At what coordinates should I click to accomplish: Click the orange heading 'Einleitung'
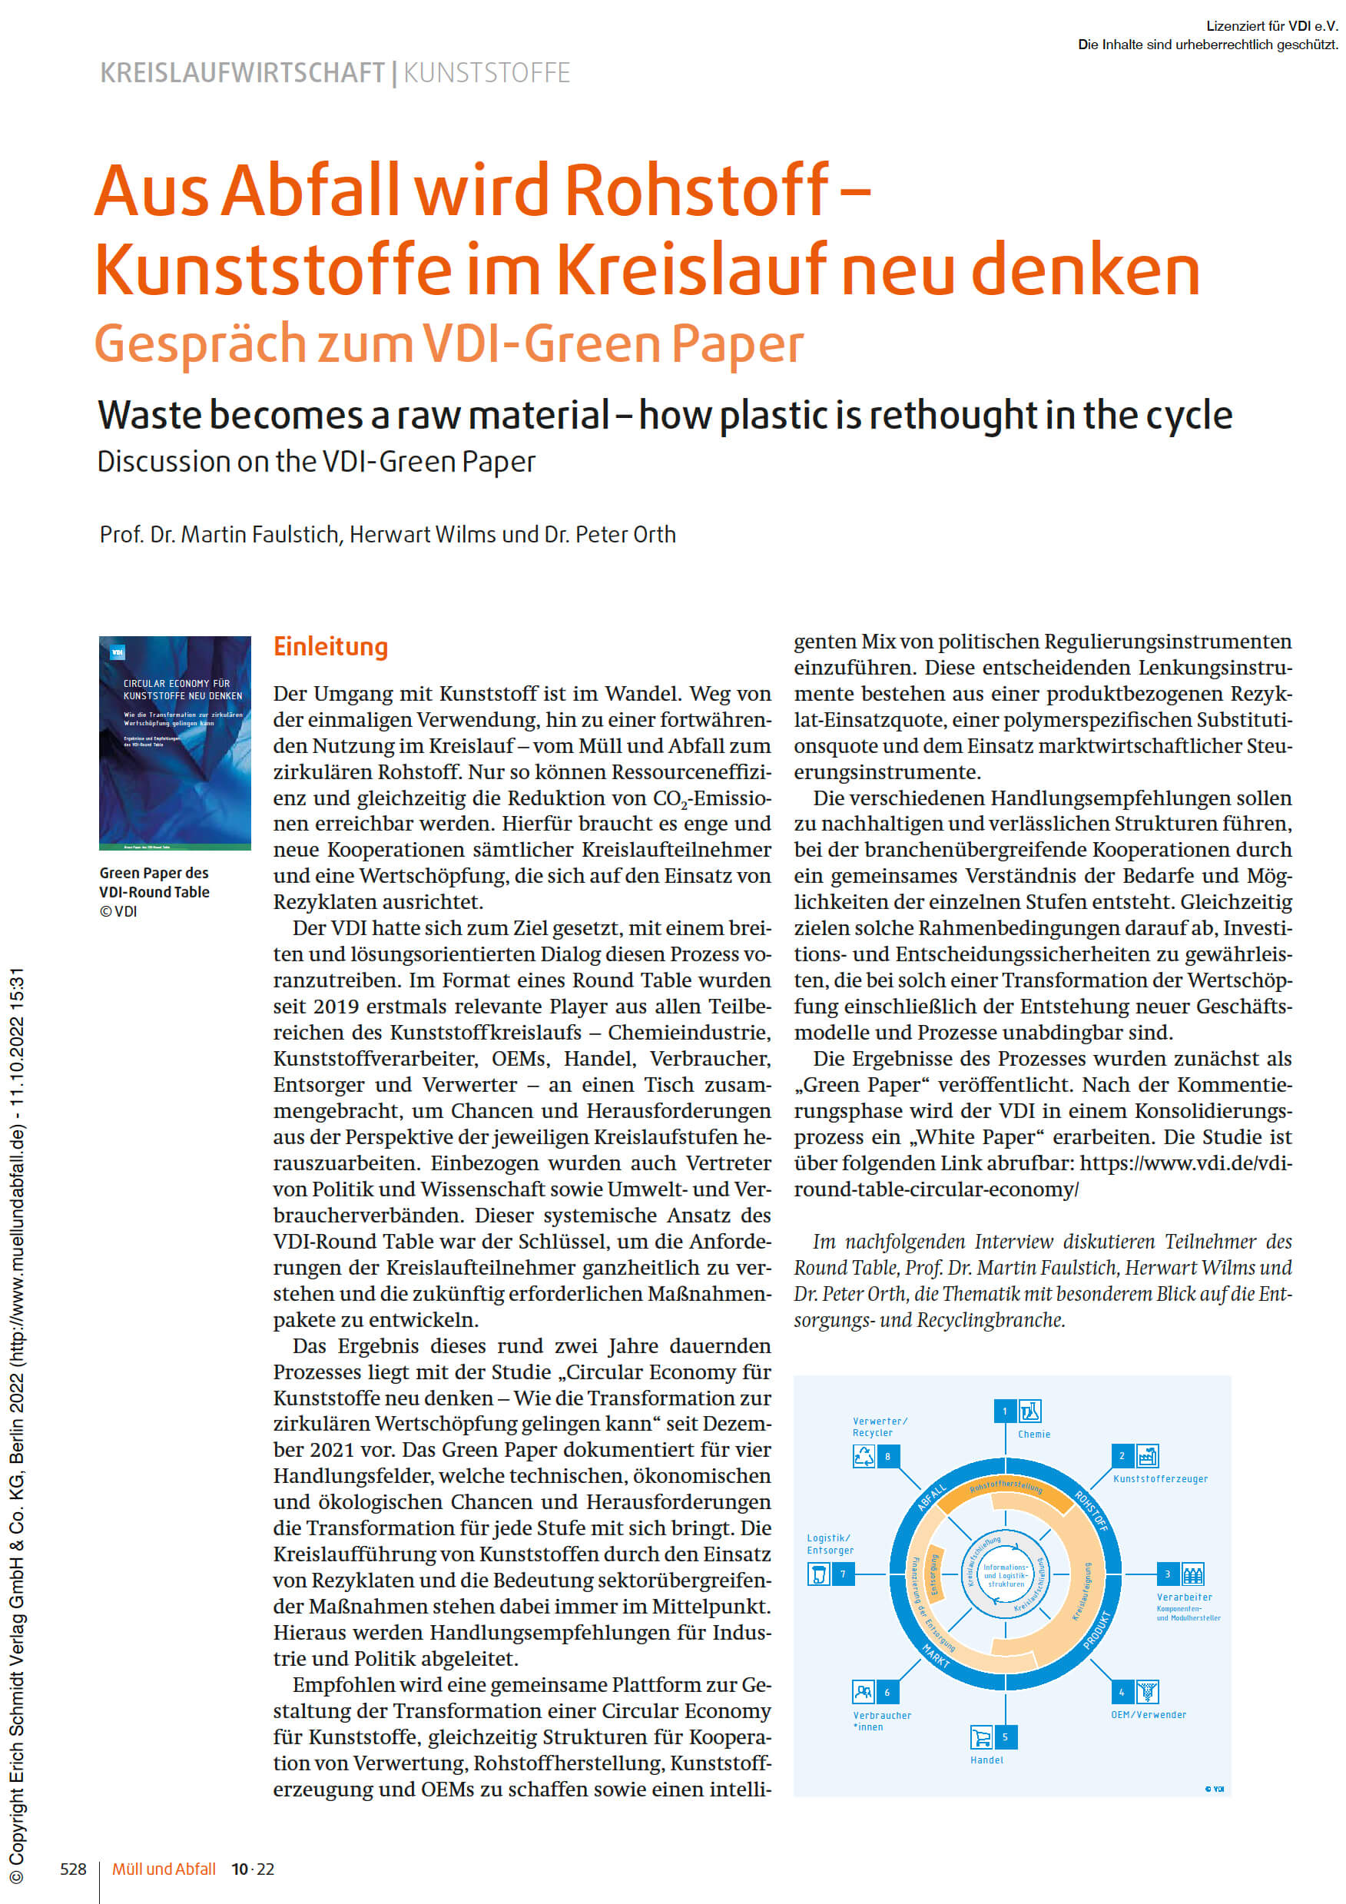click(330, 647)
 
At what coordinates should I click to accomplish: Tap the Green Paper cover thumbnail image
click(174, 742)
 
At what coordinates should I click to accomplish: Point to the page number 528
click(73, 1869)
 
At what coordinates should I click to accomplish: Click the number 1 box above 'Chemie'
click(1004, 1411)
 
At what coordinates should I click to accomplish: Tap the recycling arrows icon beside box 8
click(864, 1456)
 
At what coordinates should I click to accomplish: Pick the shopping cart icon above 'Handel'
click(981, 1736)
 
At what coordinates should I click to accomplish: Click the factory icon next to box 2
click(1147, 1455)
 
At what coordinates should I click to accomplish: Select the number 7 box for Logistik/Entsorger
click(843, 1574)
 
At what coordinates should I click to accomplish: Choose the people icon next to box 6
click(864, 1692)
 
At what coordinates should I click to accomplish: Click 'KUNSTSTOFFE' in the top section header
click(487, 73)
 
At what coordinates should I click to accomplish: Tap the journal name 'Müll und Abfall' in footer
click(164, 1869)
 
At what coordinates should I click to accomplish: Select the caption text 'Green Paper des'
click(154, 873)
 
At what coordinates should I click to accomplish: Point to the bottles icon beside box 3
click(1192, 1574)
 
